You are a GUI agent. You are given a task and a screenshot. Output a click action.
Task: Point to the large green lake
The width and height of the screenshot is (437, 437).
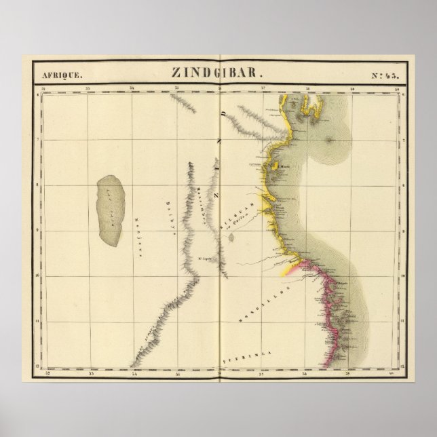(111, 210)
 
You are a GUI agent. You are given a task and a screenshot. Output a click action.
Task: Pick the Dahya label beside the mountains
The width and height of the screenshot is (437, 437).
(168, 215)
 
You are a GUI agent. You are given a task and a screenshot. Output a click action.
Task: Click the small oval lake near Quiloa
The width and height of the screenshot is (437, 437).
(231, 237)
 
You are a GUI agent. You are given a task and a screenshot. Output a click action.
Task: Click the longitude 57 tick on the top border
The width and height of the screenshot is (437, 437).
(264, 88)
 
